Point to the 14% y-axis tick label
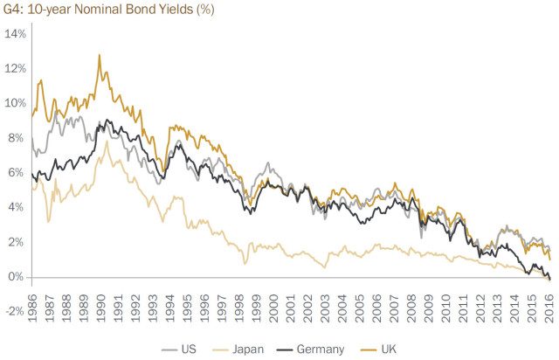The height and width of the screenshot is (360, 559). tap(17, 33)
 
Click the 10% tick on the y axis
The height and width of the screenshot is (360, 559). tap(17, 103)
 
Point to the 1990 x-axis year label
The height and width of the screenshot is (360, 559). tap(102, 300)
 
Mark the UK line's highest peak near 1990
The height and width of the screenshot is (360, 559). tap(99, 55)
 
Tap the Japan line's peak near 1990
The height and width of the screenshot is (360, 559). tap(107, 141)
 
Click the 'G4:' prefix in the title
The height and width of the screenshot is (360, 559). tap(17, 10)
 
